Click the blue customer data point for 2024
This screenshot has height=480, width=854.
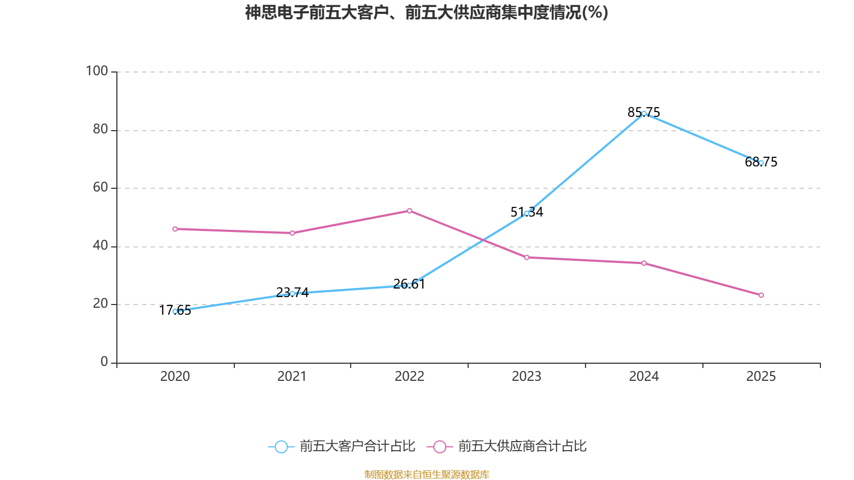644,114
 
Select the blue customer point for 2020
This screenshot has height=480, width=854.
175,311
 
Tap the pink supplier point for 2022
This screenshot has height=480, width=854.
409,211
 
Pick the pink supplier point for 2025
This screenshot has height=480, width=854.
761,295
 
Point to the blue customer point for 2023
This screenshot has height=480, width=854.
527,213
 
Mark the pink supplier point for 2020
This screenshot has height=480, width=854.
175,229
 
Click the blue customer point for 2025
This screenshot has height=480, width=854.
761,163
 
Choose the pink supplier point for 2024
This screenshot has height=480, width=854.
644,263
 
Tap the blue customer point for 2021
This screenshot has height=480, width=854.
292,293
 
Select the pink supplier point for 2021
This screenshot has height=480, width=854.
292,233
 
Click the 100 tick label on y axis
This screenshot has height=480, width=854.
97,71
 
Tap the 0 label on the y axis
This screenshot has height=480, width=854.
104,362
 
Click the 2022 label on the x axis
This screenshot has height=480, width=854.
409,377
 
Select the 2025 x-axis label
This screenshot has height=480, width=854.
761,377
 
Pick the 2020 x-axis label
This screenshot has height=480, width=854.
175,377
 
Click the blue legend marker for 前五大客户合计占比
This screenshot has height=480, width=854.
281,446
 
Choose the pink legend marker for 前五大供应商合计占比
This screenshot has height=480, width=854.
439,446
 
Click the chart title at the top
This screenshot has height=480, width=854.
426,12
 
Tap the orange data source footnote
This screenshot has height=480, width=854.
426,474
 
